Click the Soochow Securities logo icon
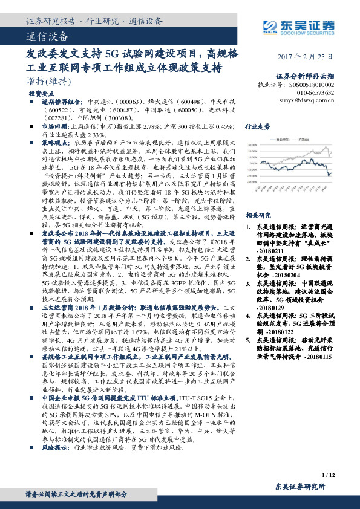coord(269,25)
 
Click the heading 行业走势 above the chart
coord(257,129)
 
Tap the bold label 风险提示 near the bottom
coord(53,465)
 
